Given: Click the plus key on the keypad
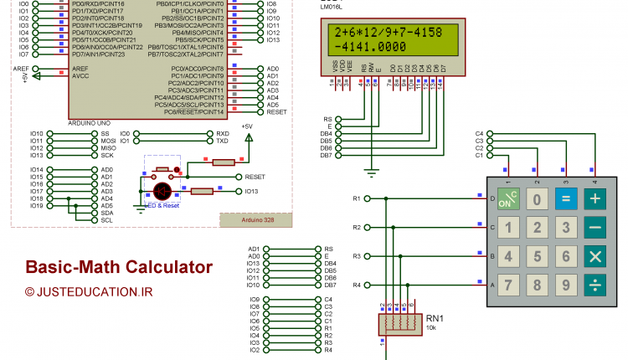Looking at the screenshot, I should tap(595, 199).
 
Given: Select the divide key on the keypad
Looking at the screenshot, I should tap(595, 285).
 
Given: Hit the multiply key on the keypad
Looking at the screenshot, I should tap(595, 256).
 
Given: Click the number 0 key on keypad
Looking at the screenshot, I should tap(538, 199).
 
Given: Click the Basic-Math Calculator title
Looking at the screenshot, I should tap(118, 267).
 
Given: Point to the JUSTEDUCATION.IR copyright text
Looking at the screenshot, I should tap(89, 292).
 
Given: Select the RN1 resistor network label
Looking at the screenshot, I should tap(435, 317).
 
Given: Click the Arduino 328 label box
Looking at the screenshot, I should tap(257, 219).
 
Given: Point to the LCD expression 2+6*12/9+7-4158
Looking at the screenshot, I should tap(387, 32).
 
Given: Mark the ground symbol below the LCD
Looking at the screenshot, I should tap(369, 173).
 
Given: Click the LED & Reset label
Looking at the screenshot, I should tap(162, 205).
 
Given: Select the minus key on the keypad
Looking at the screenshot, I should tap(595, 228).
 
